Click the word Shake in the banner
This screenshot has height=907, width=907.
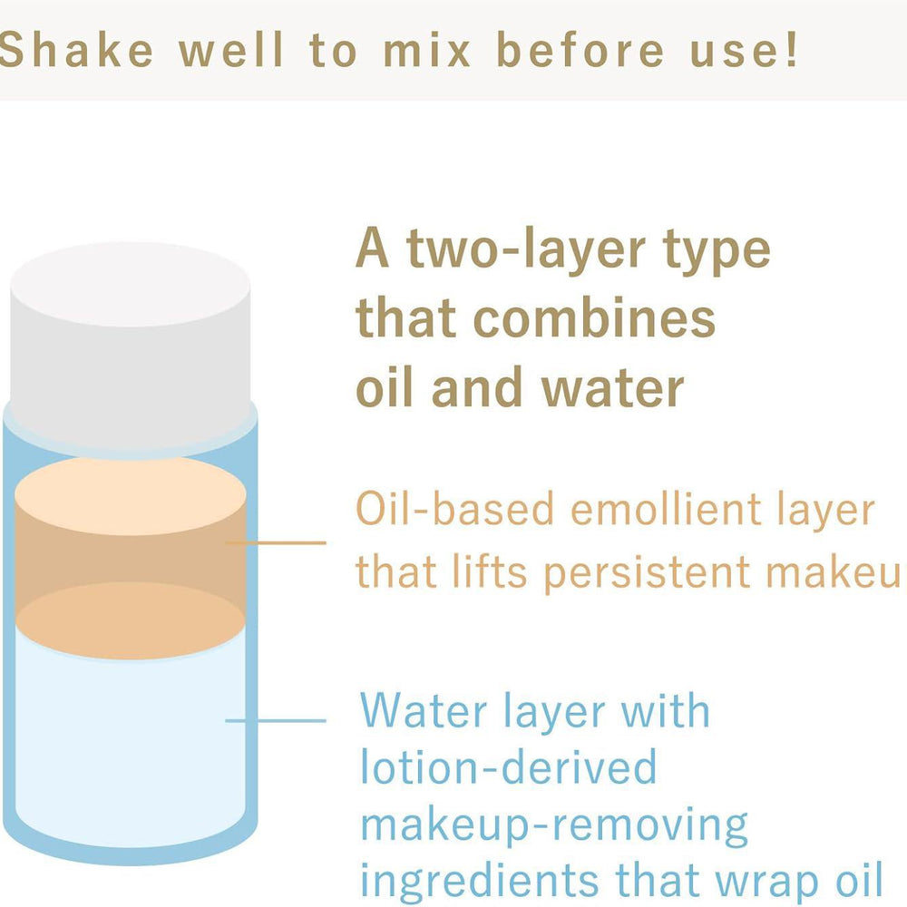click(x=75, y=50)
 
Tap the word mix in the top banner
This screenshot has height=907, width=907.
click(x=426, y=50)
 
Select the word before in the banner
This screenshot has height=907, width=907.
click(x=580, y=50)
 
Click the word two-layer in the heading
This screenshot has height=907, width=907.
click(x=526, y=249)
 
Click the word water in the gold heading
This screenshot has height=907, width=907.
click(x=613, y=387)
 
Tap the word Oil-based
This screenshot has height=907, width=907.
click(x=454, y=509)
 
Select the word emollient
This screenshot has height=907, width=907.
click(x=666, y=509)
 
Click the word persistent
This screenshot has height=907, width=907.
click(x=647, y=572)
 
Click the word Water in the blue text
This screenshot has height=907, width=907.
click(x=424, y=710)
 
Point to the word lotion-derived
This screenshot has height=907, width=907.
click(x=509, y=766)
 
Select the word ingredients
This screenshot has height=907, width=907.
click(x=479, y=882)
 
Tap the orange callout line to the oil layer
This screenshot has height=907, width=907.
click(x=276, y=542)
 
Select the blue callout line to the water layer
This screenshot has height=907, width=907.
click(x=276, y=721)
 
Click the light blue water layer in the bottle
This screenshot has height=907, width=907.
click(x=131, y=746)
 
